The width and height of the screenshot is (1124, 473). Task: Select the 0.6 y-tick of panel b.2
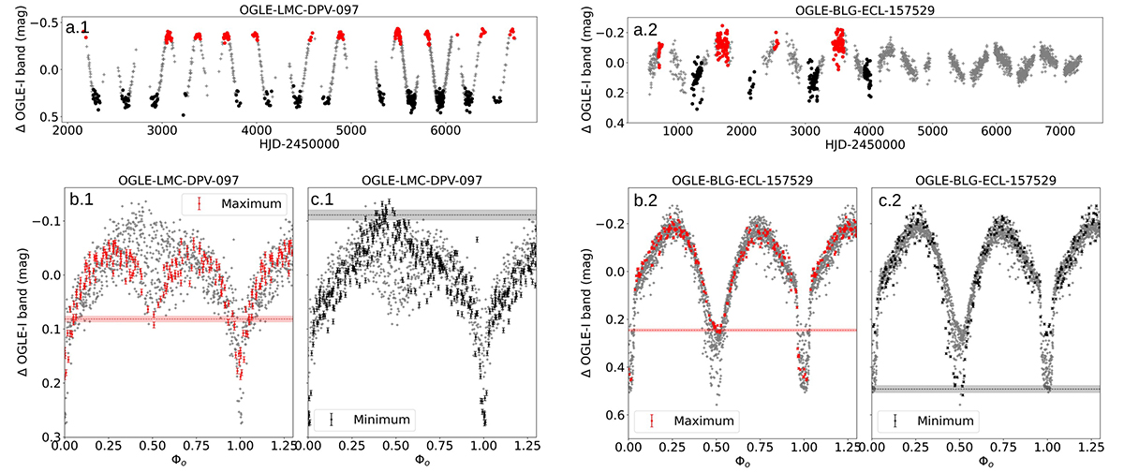pyautogui.click(x=614, y=415)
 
